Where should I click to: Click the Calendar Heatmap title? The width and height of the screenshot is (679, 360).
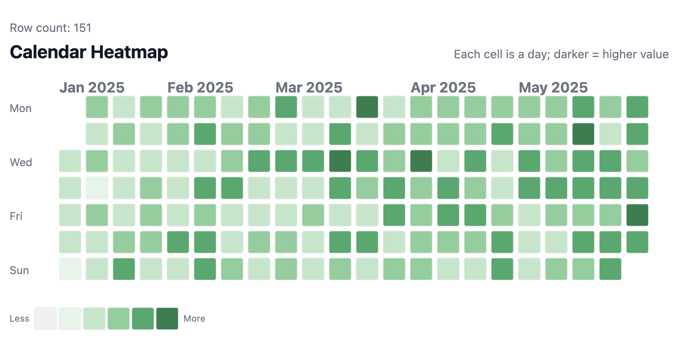click(x=89, y=52)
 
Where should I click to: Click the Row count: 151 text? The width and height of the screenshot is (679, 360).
click(x=51, y=28)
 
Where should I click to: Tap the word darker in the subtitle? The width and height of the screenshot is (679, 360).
click(x=571, y=54)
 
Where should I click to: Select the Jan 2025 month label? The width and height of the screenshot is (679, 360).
click(x=92, y=88)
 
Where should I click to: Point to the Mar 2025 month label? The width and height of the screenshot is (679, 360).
click(x=309, y=88)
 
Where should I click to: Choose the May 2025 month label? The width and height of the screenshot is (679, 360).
click(x=553, y=88)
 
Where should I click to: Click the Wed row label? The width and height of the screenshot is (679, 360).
click(x=21, y=162)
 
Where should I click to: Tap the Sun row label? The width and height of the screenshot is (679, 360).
click(x=19, y=271)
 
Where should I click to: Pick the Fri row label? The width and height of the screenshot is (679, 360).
click(x=16, y=216)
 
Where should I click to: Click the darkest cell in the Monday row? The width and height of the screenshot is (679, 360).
click(x=367, y=107)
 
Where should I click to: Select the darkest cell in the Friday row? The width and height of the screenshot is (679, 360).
click(x=637, y=215)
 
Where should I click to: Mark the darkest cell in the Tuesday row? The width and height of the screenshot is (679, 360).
click(x=583, y=134)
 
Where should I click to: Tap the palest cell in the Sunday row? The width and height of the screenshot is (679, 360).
click(x=70, y=269)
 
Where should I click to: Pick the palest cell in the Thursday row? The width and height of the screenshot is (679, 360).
click(x=97, y=188)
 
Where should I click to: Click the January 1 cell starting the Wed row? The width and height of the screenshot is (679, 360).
click(x=70, y=161)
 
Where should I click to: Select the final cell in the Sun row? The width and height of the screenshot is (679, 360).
click(x=610, y=269)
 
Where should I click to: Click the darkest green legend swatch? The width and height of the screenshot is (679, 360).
click(x=167, y=319)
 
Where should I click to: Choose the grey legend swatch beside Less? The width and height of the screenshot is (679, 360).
click(x=46, y=319)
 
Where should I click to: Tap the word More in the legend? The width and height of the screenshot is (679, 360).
click(x=194, y=319)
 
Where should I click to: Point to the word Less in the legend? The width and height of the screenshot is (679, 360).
click(x=19, y=319)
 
